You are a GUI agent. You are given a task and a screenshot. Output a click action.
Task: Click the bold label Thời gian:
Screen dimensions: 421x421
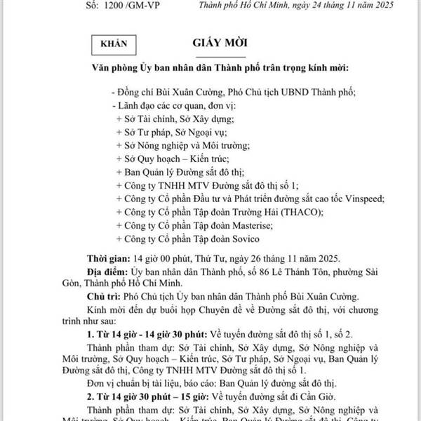pyautogui.click(x=107, y=258)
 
